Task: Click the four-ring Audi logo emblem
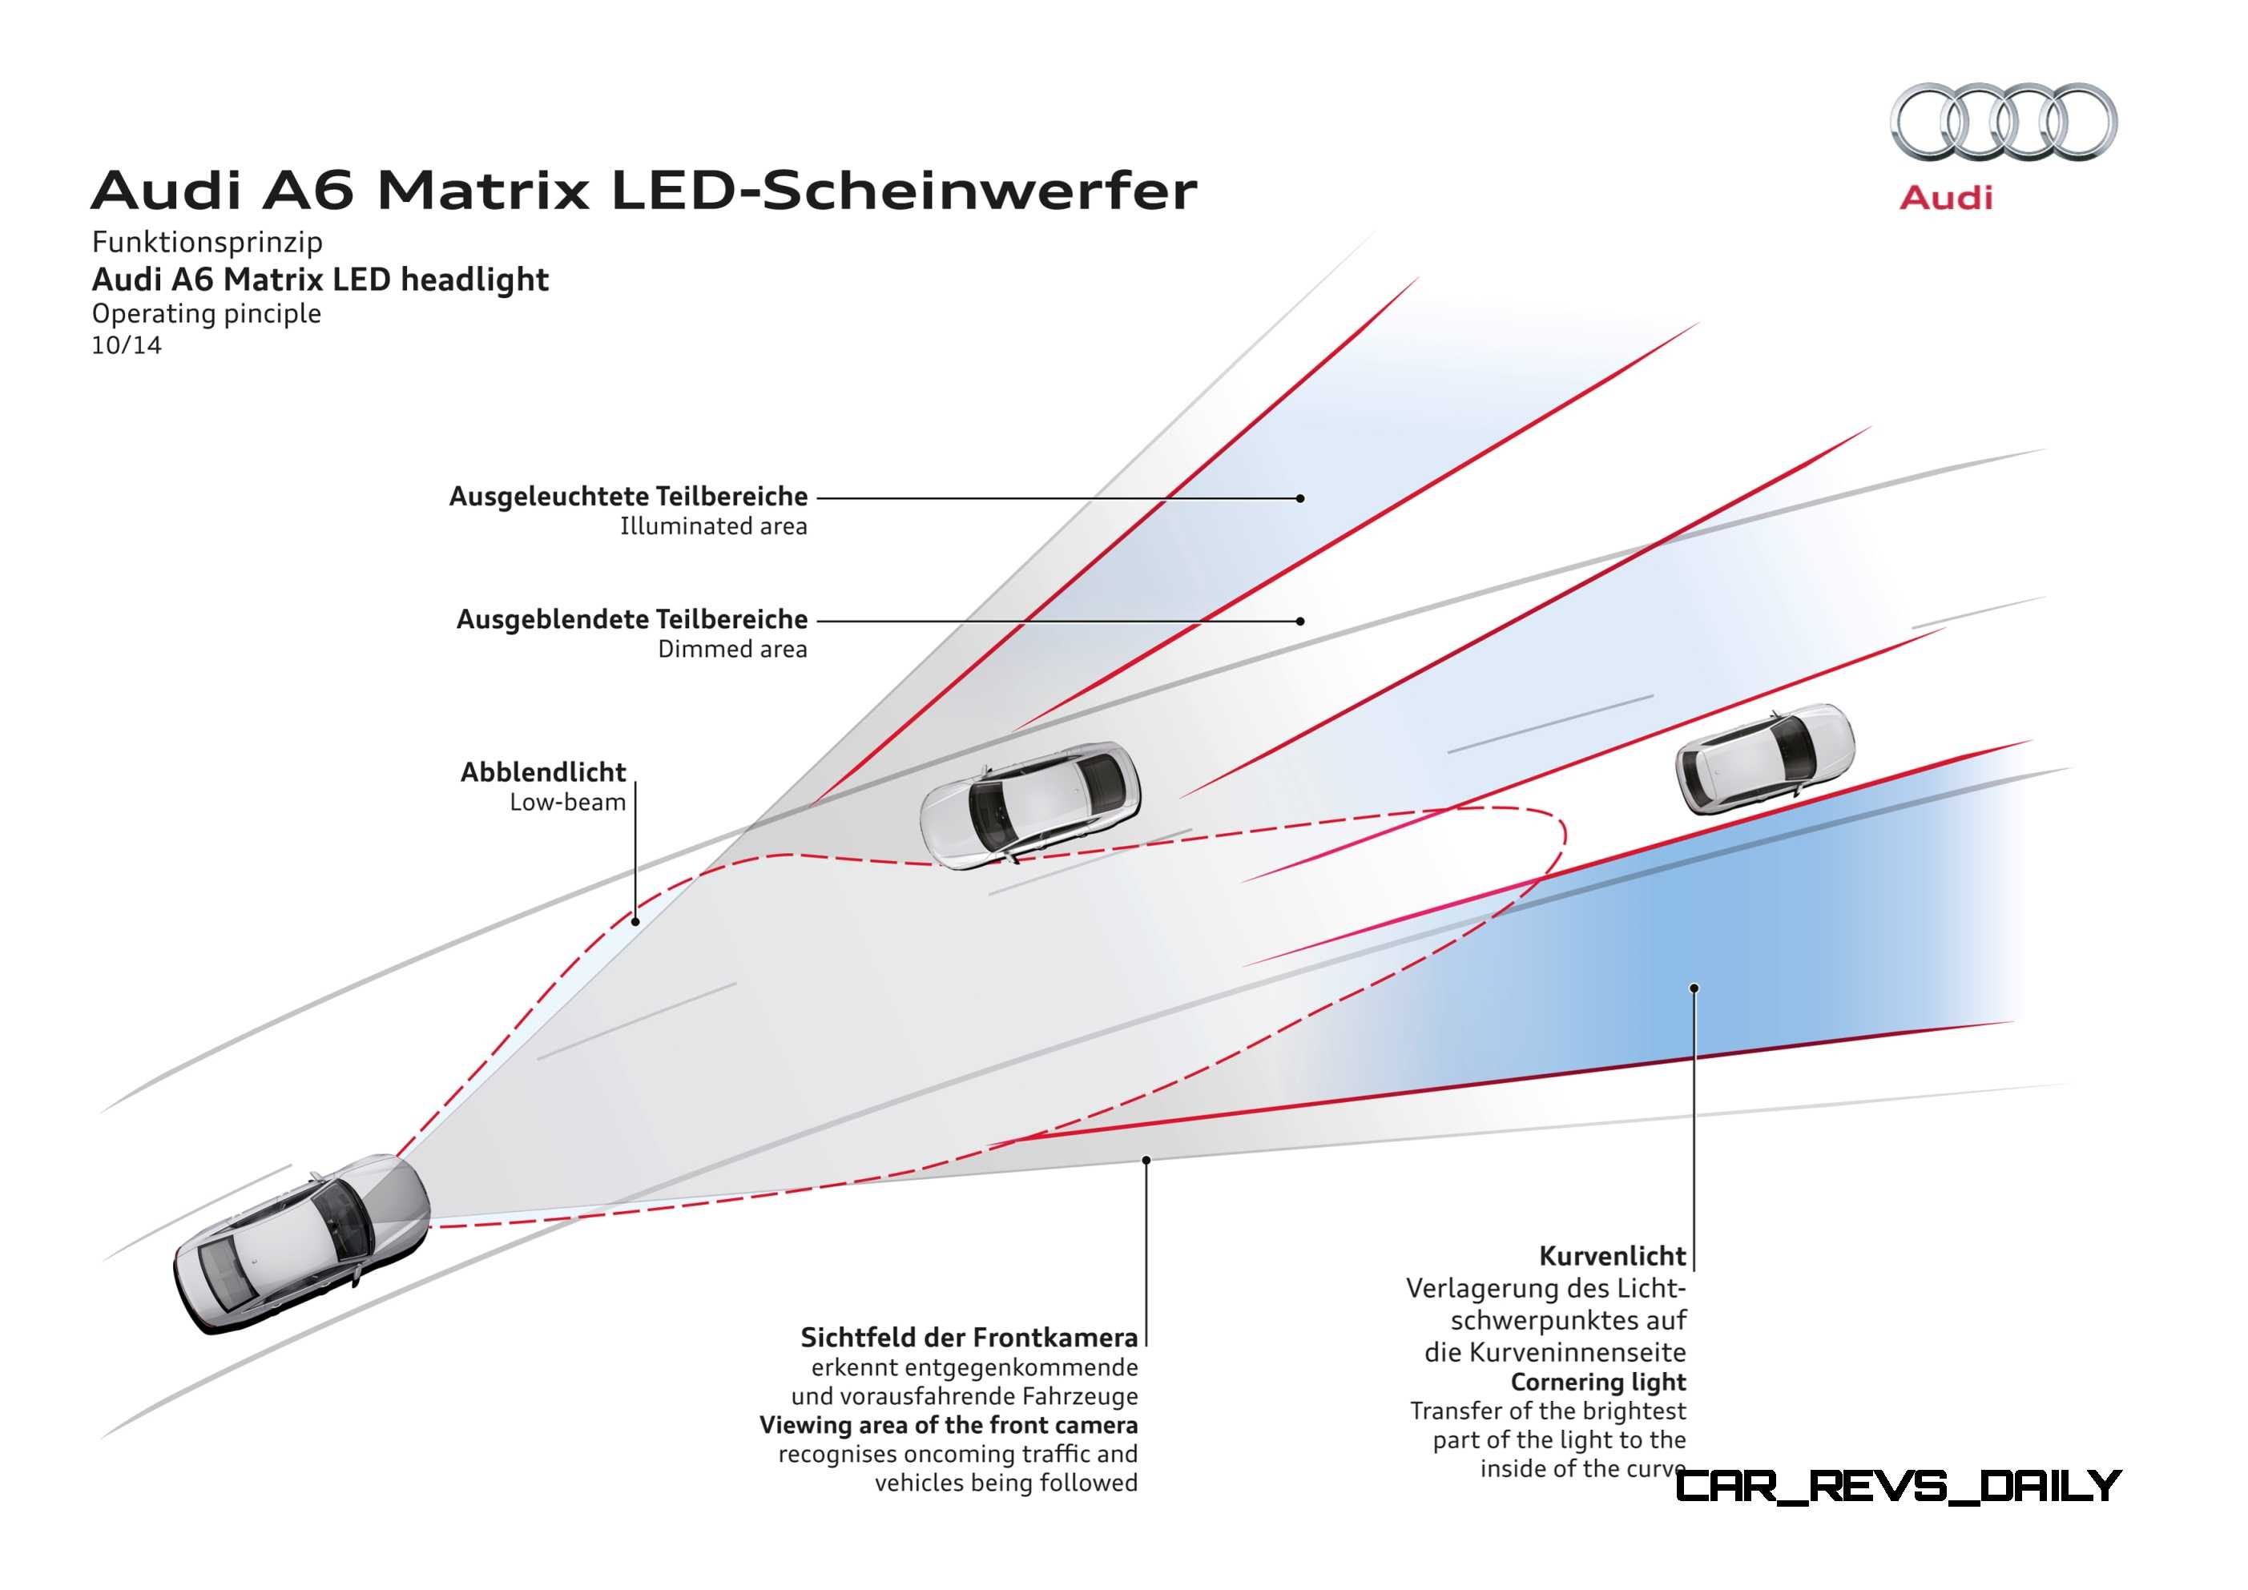[2003, 122]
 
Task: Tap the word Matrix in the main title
[484, 190]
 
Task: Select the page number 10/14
[127, 345]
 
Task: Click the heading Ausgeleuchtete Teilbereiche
[629, 497]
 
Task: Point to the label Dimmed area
[732, 649]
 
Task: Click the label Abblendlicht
[543, 772]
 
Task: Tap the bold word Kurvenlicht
[1613, 1256]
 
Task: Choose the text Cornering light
[1598, 1383]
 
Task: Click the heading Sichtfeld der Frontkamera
[969, 1338]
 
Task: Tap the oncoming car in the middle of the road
[1030, 805]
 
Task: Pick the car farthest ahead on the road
[1765, 758]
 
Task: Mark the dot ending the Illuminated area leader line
[1300, 498]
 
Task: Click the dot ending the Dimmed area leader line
[1300, 621]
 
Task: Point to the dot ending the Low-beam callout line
[635, 921]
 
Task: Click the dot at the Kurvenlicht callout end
[1694, 988]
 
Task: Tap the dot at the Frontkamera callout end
[1146, 1160]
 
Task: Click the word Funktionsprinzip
[207, 242]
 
